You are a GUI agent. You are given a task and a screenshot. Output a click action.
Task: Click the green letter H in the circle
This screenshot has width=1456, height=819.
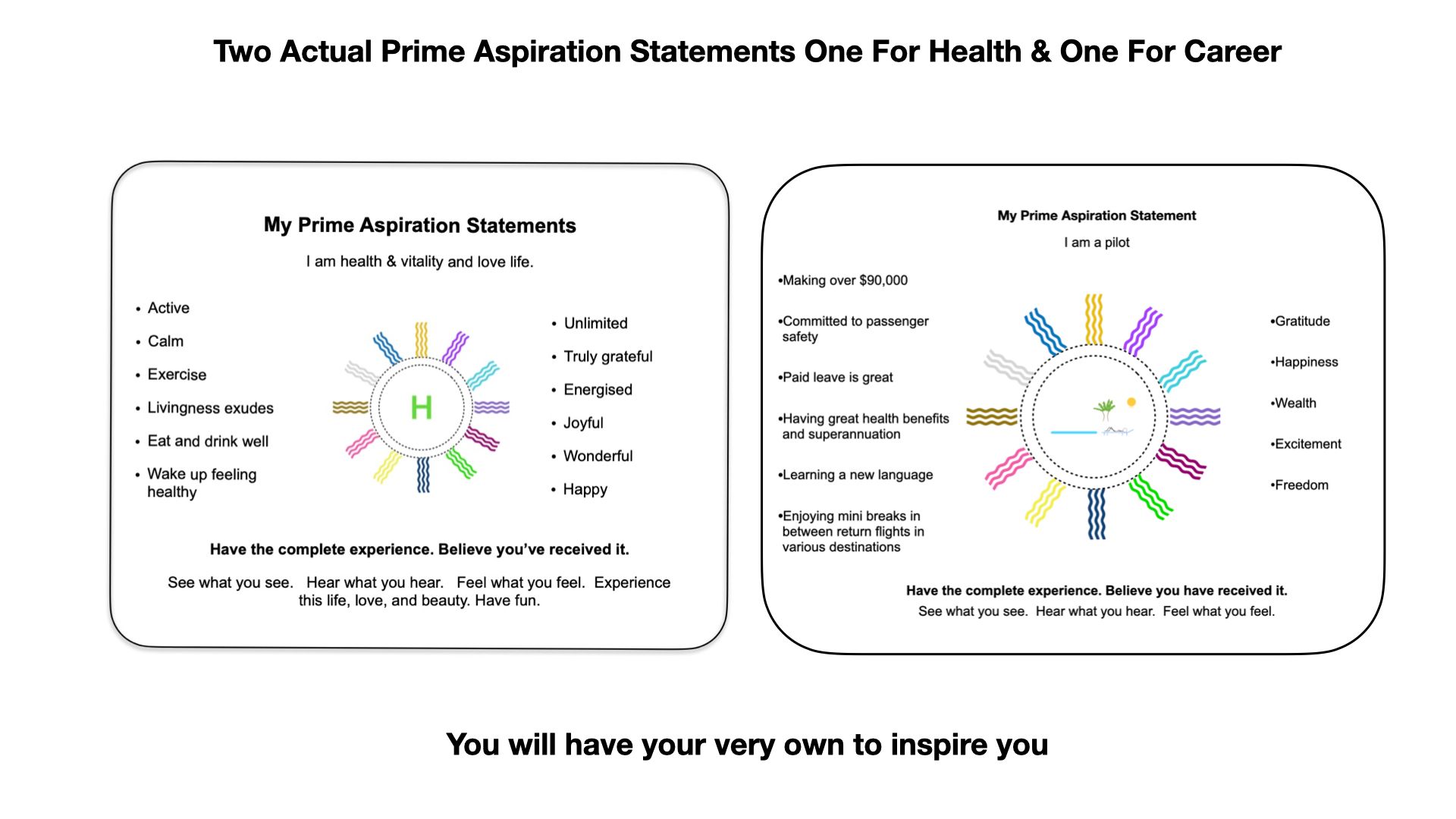click(x=421, y=408)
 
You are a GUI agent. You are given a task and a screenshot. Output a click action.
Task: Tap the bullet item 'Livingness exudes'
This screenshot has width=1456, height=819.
click(x=210, y=408)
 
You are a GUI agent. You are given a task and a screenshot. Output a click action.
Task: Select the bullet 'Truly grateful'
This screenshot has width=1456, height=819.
click(x=607, y=356)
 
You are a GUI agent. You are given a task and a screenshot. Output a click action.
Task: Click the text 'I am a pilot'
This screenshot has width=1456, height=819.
click(x=1096, y=243)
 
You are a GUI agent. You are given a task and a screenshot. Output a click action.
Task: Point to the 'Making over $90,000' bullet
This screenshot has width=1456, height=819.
click(x=844, y=281)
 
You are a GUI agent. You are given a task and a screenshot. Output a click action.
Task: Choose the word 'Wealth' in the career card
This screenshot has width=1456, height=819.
click(x=1294, y=403)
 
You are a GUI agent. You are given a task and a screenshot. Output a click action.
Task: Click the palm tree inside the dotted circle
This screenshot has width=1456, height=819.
click(x=1104, y=410)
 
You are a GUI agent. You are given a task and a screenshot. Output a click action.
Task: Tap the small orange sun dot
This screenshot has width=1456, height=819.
click(x=1131, y=402)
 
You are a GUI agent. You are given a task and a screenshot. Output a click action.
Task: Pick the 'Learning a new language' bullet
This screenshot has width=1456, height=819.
click(x=857, y=475)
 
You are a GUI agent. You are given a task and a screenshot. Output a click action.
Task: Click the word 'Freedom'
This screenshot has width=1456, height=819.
click(x=1301, y=485)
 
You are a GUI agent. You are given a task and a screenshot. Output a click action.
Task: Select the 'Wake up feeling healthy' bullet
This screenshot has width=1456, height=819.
click(x=202, y=483)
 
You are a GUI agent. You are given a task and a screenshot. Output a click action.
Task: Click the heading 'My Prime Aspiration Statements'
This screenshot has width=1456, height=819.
click(x=419, y=225)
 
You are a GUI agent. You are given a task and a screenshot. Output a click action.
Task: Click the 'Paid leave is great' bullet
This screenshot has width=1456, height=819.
click(x=837, y=378)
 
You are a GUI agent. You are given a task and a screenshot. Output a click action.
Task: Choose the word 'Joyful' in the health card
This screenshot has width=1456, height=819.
click(x=583, y=423)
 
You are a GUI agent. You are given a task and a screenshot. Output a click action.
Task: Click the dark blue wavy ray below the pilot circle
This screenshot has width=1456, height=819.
click(x=1097, y=513)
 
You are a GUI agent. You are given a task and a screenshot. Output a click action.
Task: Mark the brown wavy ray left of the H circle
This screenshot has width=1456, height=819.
click(x=350, y=408)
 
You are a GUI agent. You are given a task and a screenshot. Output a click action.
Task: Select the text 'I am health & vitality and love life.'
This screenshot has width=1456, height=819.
click(x=419, y=262)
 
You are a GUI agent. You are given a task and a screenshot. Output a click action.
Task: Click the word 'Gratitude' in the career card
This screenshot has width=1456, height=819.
click(x=1302, y=322)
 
